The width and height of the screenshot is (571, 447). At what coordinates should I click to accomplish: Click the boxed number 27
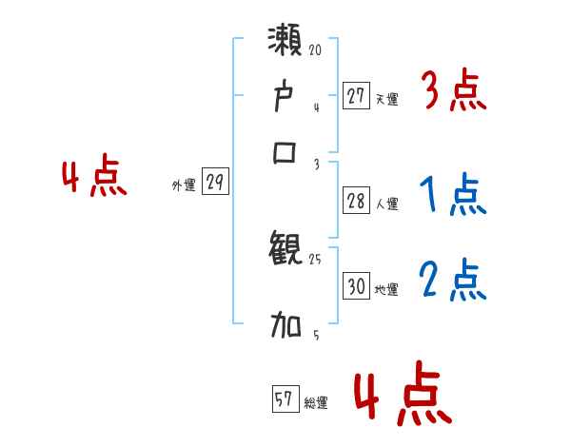tap(356, 96)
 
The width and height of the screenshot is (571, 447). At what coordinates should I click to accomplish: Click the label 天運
tap(386, 98)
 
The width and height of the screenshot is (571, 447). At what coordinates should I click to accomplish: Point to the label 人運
tap(386, 204)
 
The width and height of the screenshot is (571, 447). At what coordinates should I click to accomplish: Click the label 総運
tap(315, 403)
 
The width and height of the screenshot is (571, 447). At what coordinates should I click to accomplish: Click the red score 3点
tap(453, 92)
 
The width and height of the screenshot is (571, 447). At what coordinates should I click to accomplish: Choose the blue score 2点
tap(453, 281)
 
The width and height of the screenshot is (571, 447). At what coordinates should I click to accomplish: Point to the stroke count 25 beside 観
tap(316, 260)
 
